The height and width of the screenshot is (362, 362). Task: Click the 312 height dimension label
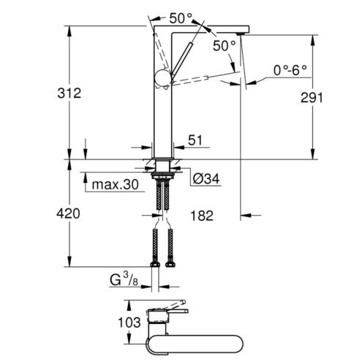point(69,93)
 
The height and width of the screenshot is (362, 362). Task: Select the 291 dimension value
point(312,98)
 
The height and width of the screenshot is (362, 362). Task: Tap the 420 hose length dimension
point(68,214)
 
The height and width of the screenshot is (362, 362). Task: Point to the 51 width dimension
point(195,140)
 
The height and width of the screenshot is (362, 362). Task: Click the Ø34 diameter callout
point(206,179)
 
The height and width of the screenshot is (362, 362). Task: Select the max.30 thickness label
point(116,184)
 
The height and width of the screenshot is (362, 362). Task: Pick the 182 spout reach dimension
point(202,216)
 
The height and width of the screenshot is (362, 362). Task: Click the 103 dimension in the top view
point(129,323)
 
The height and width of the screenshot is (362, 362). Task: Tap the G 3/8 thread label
point(124,279)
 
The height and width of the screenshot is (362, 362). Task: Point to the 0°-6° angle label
point(290,71)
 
